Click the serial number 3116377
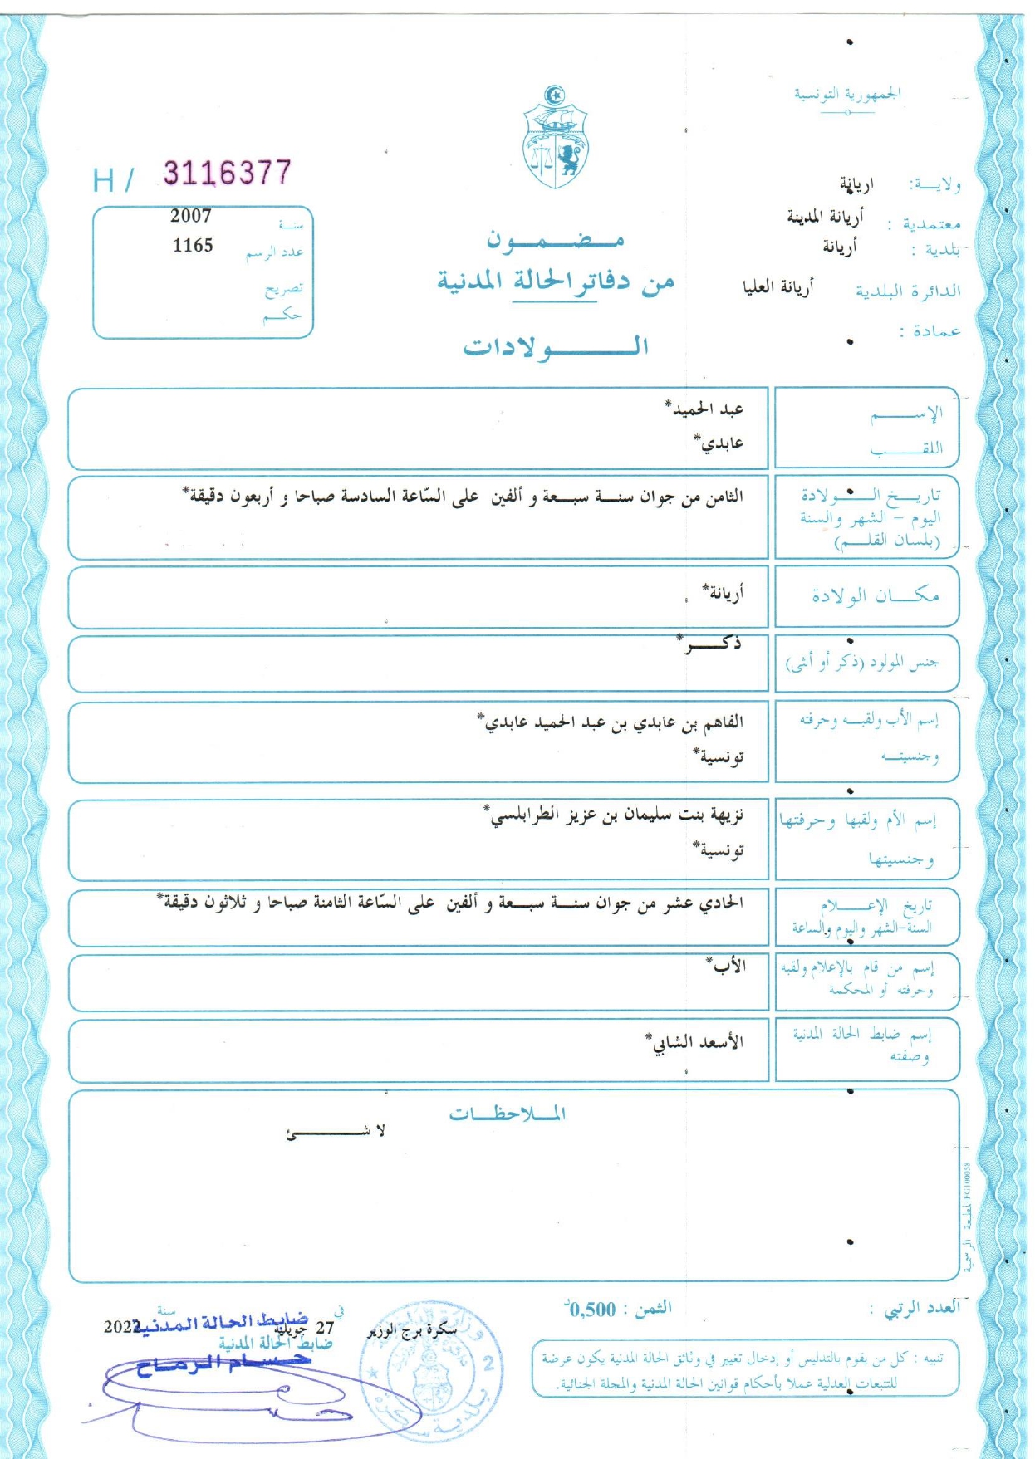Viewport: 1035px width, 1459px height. [x=227, y=173]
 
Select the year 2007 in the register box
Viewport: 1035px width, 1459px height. [x=191, y=216]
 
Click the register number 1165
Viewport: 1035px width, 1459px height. [x=193, y=246]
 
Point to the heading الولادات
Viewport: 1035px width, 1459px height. [x=556, y=346]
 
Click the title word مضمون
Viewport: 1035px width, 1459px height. [x=555, y=240]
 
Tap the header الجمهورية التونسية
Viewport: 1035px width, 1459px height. [x=847, y=95]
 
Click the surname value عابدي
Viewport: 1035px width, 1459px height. [x=719, y=443]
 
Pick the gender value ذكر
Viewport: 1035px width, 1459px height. [x=710, y=644]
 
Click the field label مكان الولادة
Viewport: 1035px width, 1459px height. [x=875, y=595]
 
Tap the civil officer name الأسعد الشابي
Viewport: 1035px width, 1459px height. [x=695, y=1042]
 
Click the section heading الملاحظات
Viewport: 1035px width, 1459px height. [x=507, y=1114]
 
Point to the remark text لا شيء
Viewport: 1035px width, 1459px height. [x=336, y=1132]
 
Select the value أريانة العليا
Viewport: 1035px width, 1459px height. [x=778, y=287]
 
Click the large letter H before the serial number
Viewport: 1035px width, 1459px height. [x=105, y=180]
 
